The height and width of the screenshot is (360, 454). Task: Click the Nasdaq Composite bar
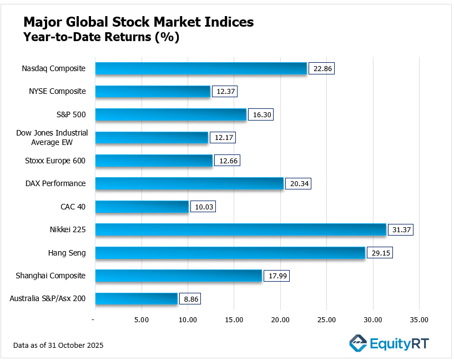point(200,68)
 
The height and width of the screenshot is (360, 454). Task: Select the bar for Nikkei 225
point(240,229)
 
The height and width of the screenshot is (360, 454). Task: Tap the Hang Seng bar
point(230,253)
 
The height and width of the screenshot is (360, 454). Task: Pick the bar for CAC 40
point(142,207)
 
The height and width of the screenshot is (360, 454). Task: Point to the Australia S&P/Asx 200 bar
point(136,299)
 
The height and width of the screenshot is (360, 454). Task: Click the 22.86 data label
point(322,68)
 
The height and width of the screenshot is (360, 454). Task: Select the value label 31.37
point(401,229)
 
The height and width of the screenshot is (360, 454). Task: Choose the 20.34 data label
point(298,183)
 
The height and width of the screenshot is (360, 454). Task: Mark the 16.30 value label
point(261,114)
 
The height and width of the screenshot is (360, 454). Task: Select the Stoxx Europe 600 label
point(56,161)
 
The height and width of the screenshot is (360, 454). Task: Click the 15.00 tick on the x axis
point(234,319)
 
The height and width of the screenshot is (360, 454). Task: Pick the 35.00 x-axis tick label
point(419,319)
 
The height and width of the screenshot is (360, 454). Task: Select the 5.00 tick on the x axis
point(142,319)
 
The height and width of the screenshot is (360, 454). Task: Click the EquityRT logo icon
point(358,343)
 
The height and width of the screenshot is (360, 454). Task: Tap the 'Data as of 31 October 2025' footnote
point(58,346)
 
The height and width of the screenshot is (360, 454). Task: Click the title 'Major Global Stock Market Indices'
point(138,22)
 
